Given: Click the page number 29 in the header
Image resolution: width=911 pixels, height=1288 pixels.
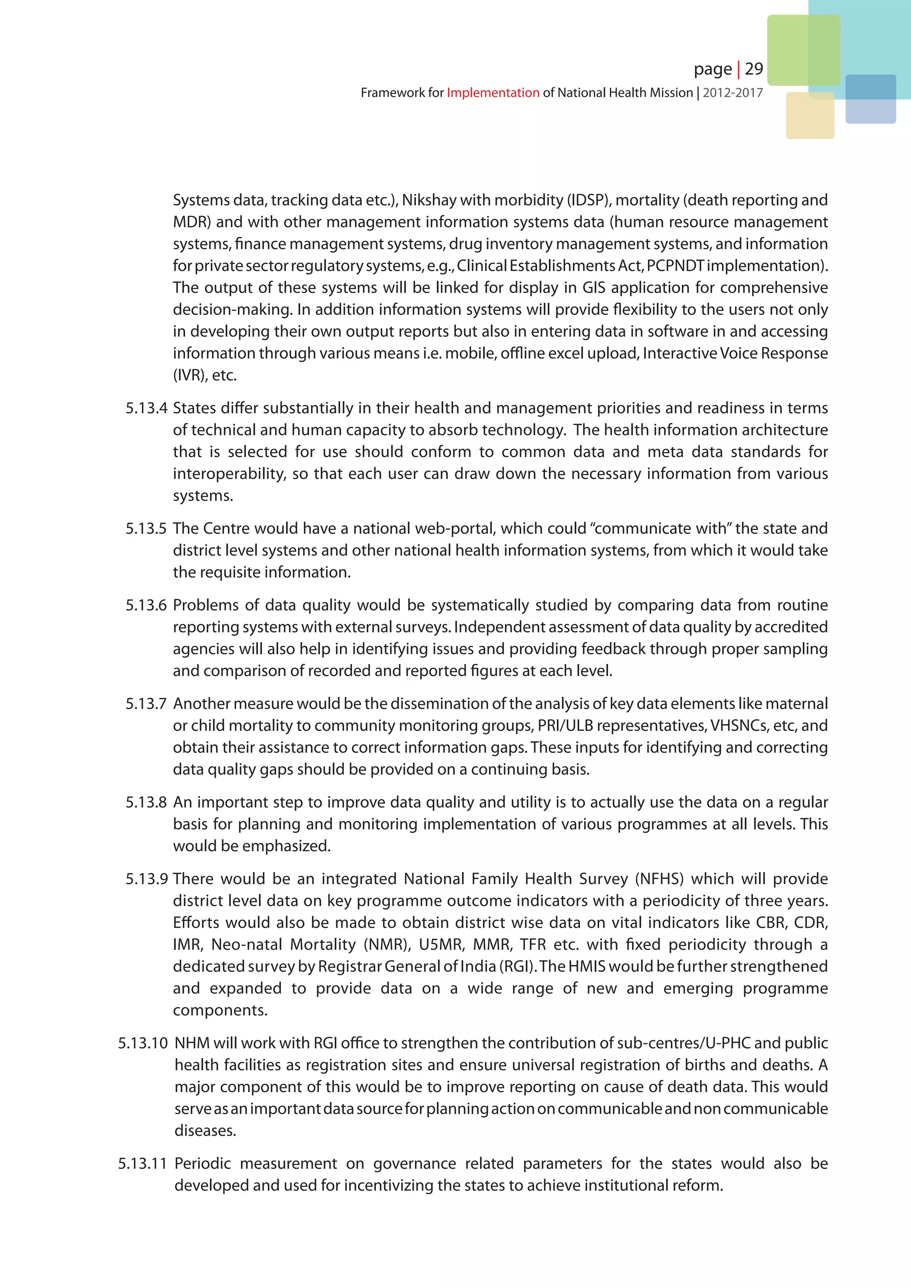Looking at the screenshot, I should point(754,69).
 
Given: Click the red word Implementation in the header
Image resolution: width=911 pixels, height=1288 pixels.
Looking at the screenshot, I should point(492,93).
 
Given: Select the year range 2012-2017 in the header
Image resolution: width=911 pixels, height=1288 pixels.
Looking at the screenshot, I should point(733,93).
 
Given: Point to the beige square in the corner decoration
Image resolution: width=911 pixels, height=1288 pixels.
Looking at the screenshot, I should point(810,116).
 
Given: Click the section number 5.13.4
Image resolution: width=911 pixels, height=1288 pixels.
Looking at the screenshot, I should point(146,408).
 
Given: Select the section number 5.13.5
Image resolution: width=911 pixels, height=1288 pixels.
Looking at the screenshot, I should point(146,528).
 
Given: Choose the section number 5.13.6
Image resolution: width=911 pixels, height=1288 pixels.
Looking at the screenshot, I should point(146,605).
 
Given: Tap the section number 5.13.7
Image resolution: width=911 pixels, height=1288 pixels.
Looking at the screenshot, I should point(146,704).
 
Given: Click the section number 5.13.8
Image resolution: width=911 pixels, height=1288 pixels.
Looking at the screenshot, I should point(146,802).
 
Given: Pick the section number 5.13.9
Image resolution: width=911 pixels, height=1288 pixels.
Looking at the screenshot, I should point(146,879).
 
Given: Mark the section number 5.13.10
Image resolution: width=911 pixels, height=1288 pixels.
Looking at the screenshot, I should point(142,1043).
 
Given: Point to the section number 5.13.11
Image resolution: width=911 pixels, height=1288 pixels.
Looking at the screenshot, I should point(142,1164).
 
